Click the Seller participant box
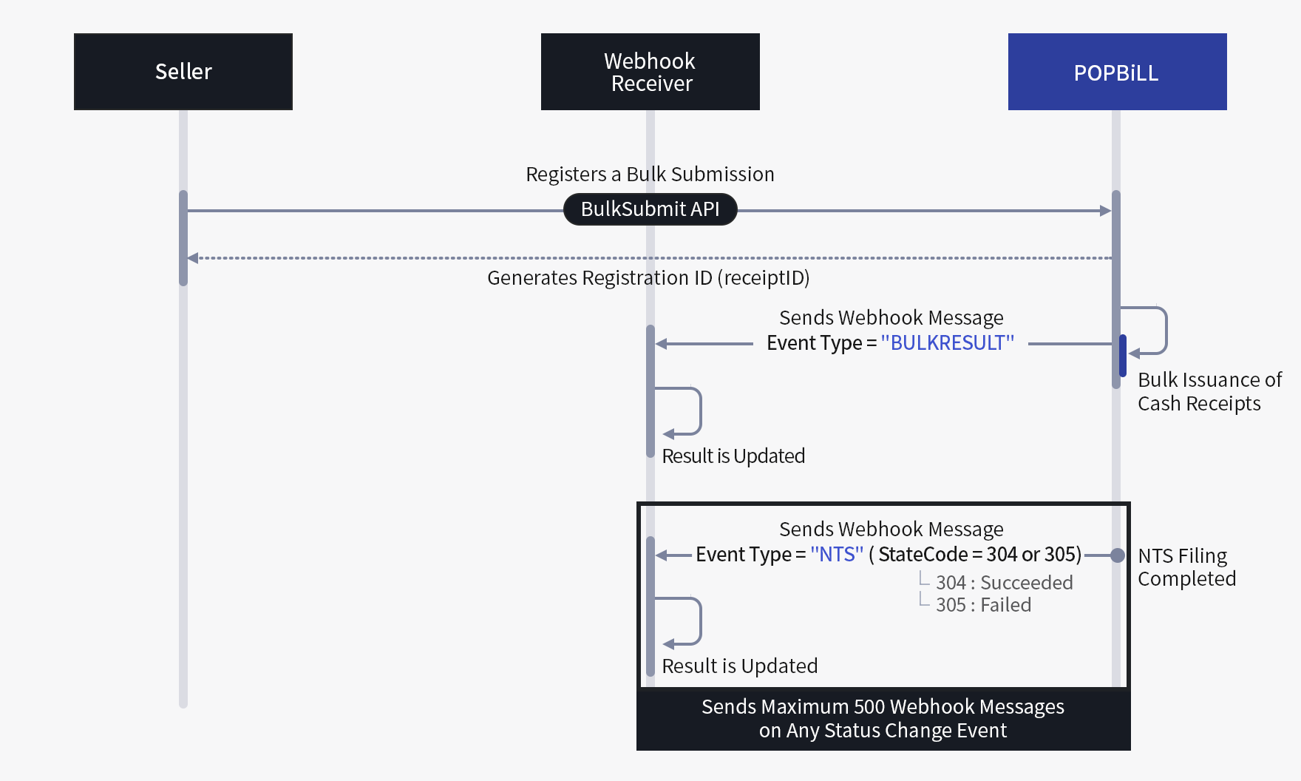click(183, 72)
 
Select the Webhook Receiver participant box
click(650, 72)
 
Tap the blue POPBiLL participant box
click(1116, 72)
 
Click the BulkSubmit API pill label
click(650, 209)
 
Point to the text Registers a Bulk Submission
click(650, 175)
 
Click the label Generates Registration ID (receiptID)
click(648, 278)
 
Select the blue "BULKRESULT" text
click(947, 343)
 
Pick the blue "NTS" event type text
click(836, 555)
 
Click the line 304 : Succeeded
click(1003, 583)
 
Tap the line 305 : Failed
click(982, 605)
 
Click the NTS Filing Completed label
click(1186, 567)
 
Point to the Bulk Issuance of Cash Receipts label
click(1209, 391)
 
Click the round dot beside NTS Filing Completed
click(1117, 555)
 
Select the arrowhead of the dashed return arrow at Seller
click(193, 258)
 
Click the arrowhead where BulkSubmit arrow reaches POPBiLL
click(1106, 211)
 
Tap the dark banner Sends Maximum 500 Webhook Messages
click(883, 718)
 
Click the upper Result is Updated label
click(733, 456)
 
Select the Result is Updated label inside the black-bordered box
click(739, 666)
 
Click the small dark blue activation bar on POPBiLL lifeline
click(1122, 356)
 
